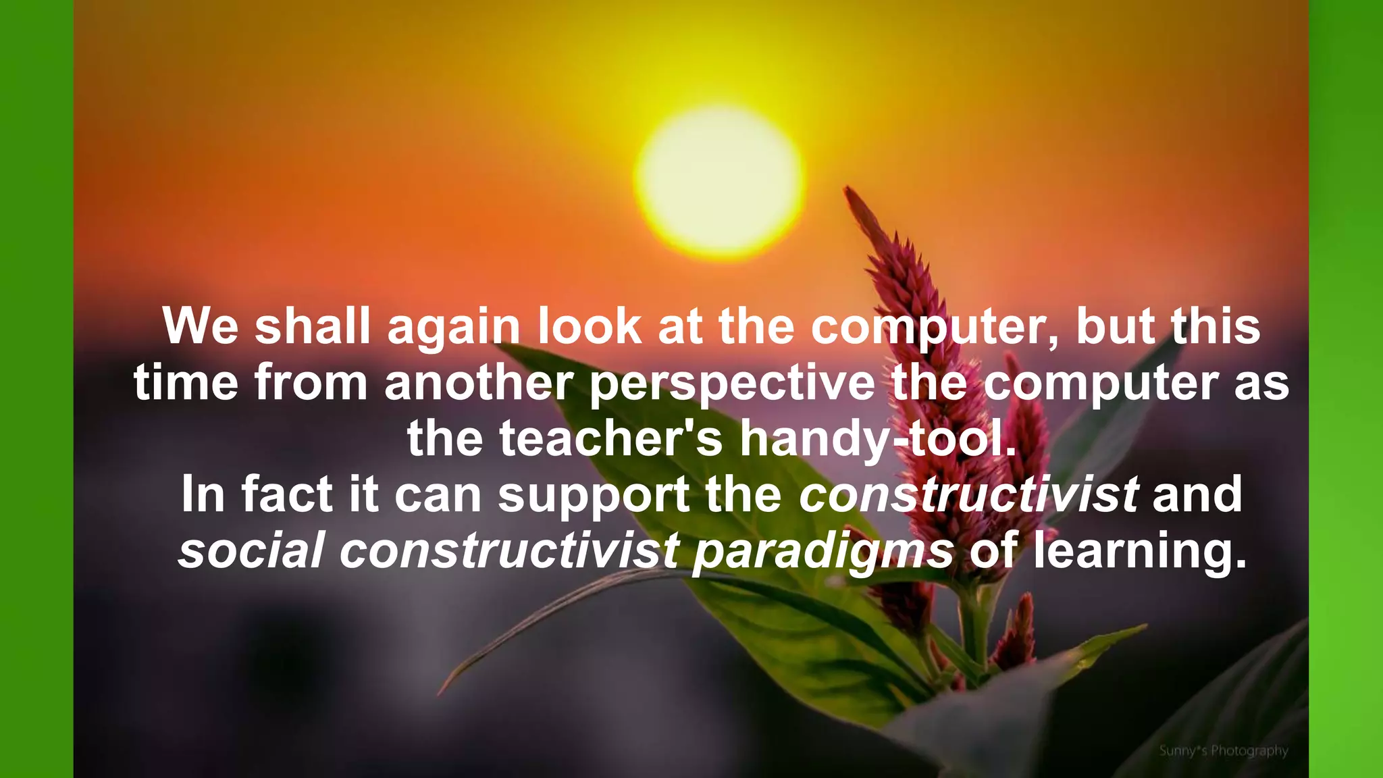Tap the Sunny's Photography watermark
1224,750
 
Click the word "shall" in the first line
313,327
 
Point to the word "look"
590,327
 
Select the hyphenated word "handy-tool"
878,440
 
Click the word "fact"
286,495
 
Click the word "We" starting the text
201,327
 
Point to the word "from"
311,383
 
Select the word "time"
186,383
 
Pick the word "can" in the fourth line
438,495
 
